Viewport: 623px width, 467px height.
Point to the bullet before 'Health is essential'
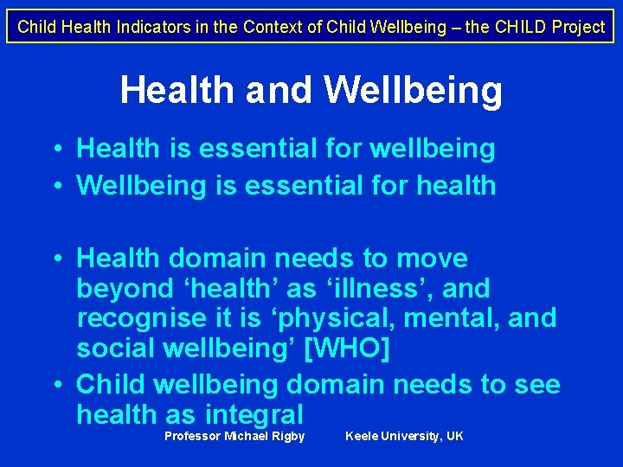[x=55, y=149]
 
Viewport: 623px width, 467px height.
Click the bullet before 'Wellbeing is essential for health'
[x=55, y=185]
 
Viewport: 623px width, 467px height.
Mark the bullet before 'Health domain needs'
[x=55, y=258]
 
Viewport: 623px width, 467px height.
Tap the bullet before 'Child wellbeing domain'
[x=55, y=384]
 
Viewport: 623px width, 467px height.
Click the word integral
[x=254, y=413]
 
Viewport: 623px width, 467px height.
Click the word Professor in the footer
[x=192, y=436]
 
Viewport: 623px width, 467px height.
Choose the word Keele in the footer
[x=362, y=436]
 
